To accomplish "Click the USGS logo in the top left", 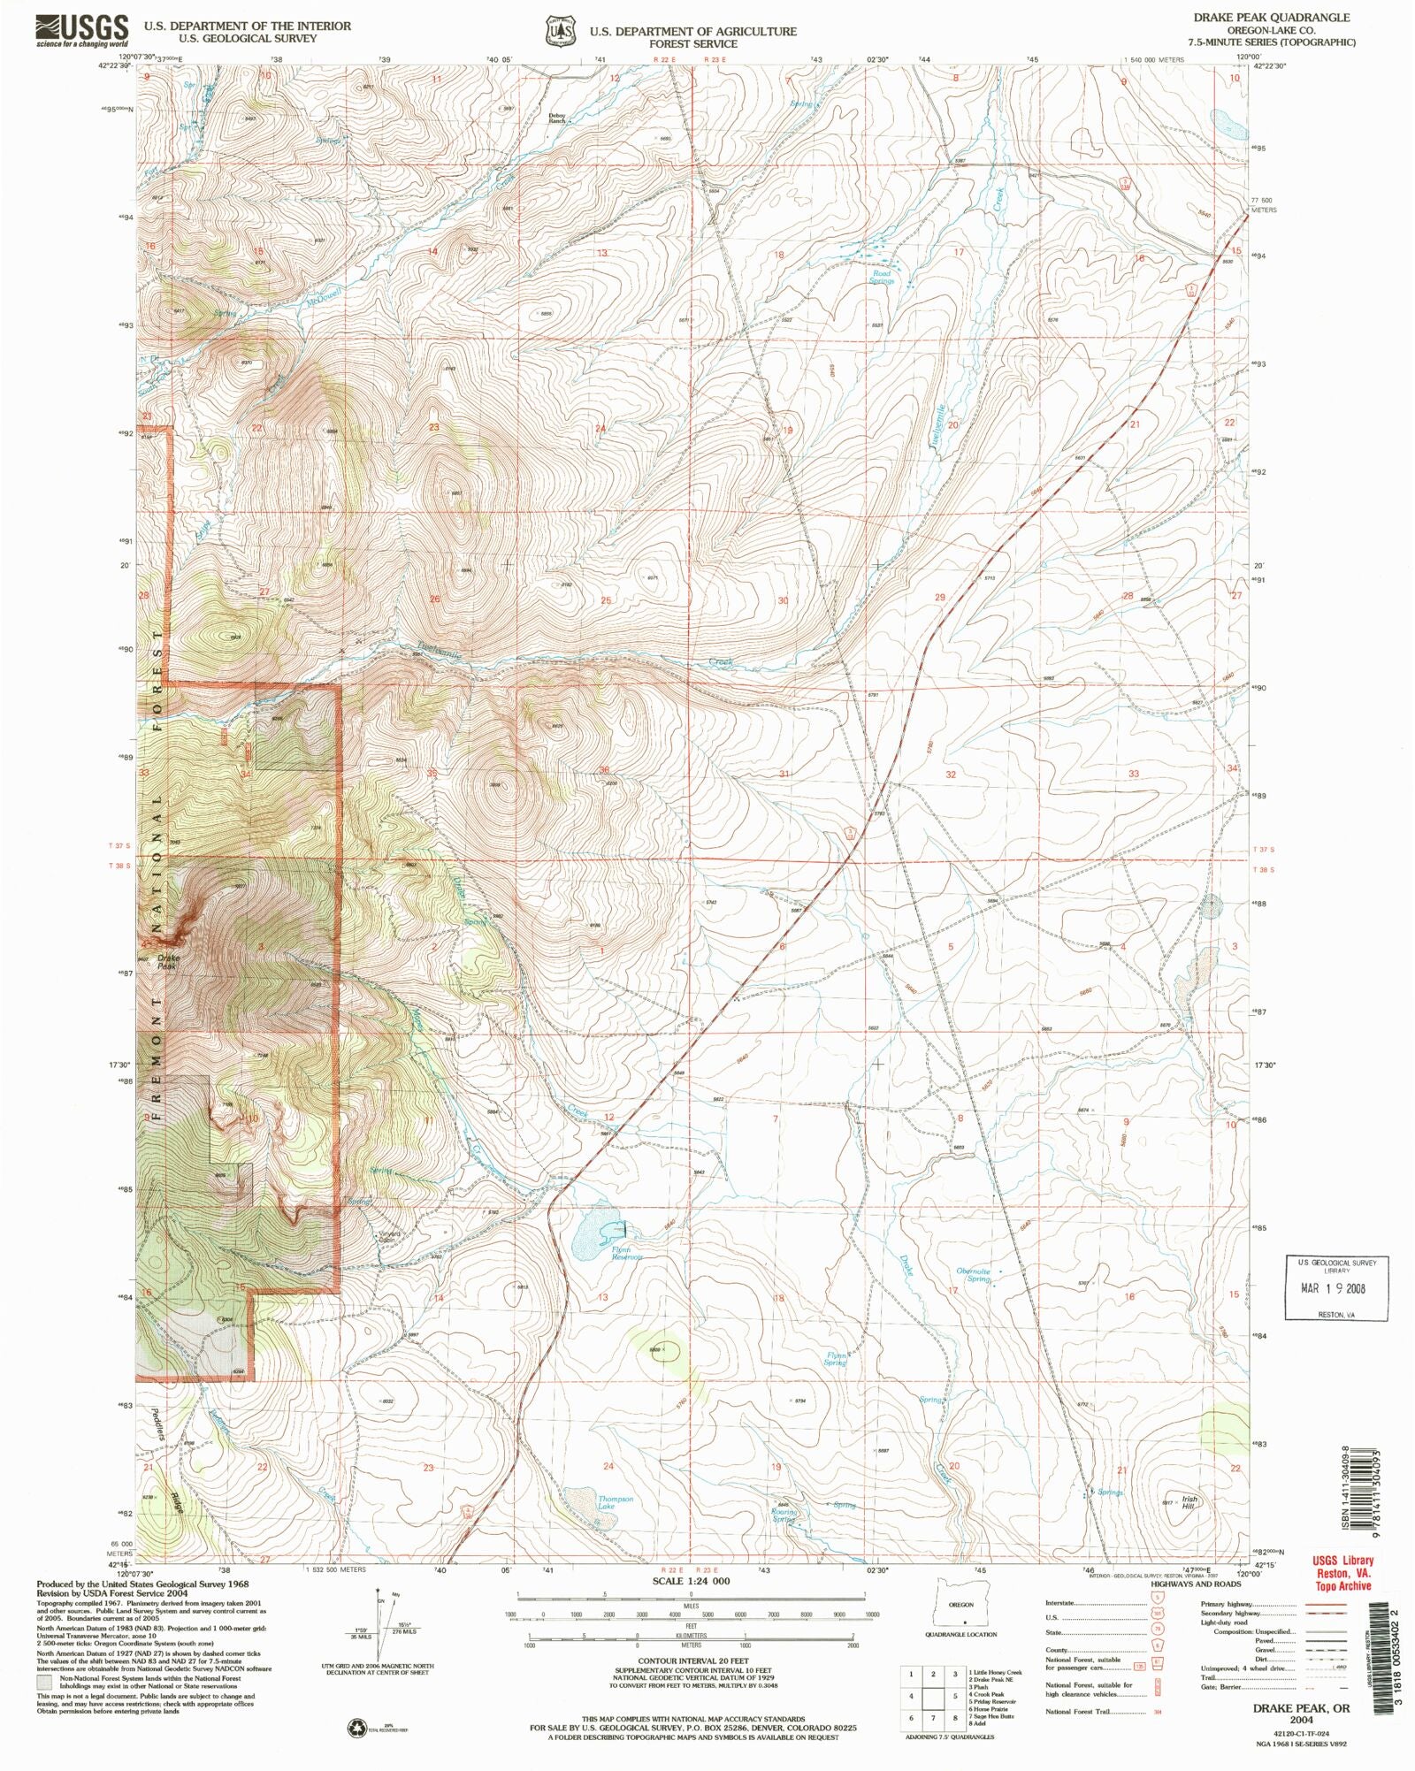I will pyautogui.click(x=81, y=30).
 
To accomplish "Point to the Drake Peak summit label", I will pyautogui.click(x=168, y=962).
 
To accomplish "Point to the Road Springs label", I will pyautogui.click(x=882, y=278).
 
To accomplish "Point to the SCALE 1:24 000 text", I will pyautogui.click(x=691, y=1580).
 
